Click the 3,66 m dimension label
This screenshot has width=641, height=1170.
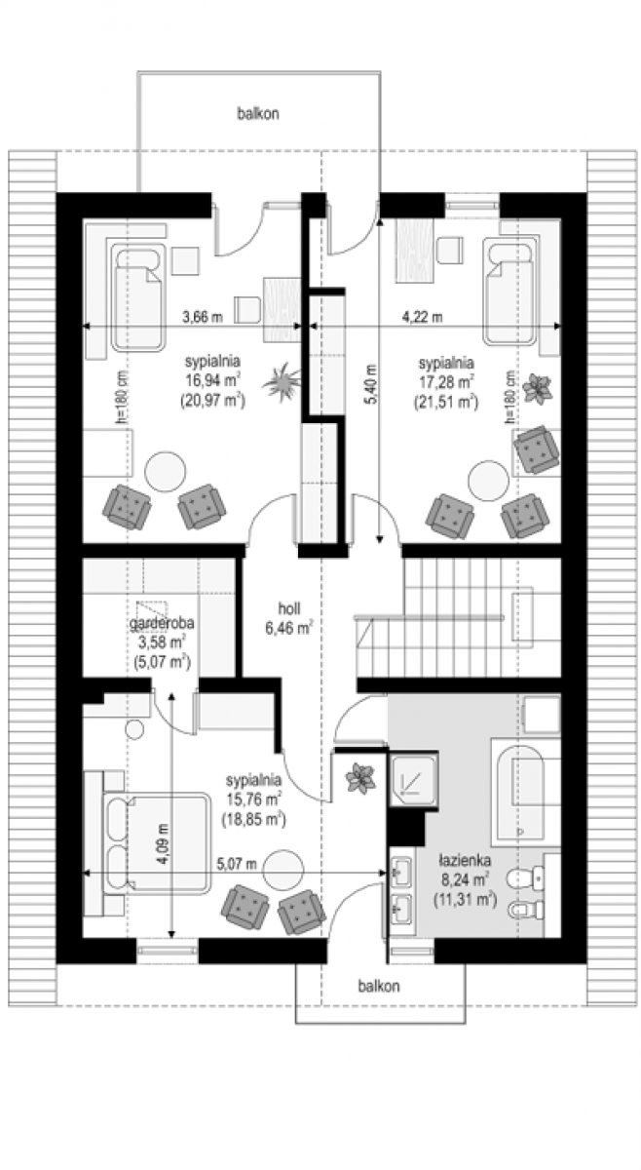(202, 317)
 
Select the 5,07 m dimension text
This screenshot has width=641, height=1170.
(237, 864)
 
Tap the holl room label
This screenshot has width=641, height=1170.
(289, 608)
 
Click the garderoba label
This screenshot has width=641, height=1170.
(162, 623)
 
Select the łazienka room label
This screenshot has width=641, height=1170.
(465, 860)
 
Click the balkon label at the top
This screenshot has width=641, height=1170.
(258, 113)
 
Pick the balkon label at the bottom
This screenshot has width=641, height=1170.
(379, 986)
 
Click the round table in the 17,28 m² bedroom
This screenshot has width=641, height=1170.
(489, 481)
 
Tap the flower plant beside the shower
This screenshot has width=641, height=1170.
(360, 778)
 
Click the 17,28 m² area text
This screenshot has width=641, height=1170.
(446, 382)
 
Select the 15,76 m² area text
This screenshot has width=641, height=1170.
(253, 799)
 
